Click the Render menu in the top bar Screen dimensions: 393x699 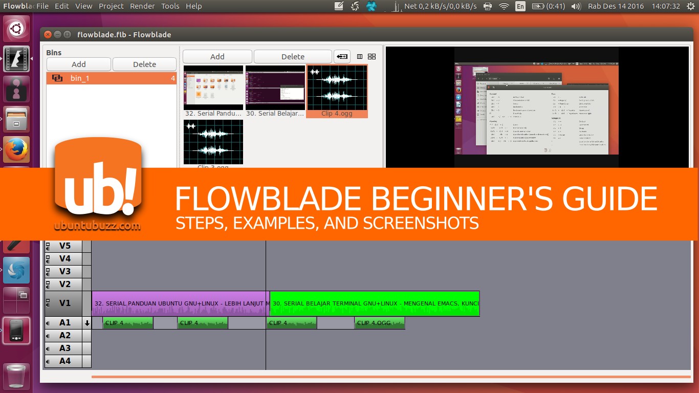142,6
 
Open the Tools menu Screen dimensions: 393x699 170,6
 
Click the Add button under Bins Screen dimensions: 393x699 79,64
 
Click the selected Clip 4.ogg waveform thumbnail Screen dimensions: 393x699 337,88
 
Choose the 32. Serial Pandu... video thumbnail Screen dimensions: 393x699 213,88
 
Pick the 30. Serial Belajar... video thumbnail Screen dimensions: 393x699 275,88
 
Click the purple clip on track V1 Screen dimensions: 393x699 179,303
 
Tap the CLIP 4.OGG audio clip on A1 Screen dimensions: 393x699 380,323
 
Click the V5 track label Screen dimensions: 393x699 65,246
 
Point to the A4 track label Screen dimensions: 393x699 65,361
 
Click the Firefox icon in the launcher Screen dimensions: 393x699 17,149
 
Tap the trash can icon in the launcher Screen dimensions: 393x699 17,376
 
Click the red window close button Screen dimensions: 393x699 48,34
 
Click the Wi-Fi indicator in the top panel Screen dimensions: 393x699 504,6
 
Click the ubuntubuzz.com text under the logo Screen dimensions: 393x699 97,226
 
